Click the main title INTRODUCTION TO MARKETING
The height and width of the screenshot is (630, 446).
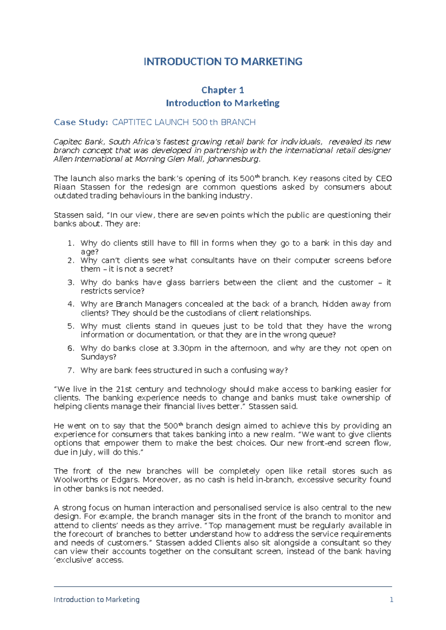[223, 62]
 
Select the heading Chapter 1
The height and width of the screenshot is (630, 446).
[223, 90]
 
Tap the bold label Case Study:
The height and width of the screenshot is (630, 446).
[81, 122]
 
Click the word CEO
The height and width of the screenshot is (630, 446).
[384, 178]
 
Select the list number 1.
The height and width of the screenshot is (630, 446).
[71, 243]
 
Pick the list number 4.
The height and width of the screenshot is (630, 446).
[71, 304]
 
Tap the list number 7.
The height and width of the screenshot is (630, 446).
[71, 370]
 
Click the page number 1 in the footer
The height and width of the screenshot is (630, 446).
[391, 600]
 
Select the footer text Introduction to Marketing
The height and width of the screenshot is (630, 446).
[97, 600]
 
